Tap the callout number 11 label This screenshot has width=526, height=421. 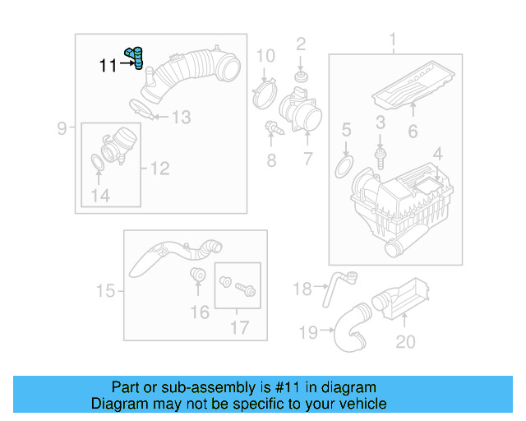point(108,66)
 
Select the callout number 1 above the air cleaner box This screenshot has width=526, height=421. point(392,39)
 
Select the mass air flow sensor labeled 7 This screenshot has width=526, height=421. point(297,111)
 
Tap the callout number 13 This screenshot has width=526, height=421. point(180,118)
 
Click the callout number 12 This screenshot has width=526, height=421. point(159,169)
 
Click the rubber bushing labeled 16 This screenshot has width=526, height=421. point(198,275)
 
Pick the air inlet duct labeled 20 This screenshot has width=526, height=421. point(404,299)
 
